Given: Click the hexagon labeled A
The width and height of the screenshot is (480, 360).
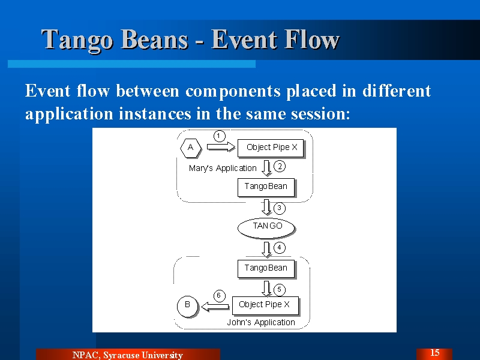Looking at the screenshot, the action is click(x=191, y=148).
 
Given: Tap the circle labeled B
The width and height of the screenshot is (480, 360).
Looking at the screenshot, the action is click(x=188, y=306).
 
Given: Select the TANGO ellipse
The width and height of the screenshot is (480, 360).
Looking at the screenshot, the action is click(x=266, y=228).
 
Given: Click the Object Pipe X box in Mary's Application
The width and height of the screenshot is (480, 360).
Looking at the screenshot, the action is click(x=271, y=148).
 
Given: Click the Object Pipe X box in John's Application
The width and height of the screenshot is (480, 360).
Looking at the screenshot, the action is click(x=265, y=305).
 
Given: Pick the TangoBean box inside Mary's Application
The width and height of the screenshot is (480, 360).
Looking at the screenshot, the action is click(x=266, y=187).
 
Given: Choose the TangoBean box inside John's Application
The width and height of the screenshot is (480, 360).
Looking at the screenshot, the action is click(x=266, y=269).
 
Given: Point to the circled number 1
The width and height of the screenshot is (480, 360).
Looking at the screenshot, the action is click(x=219, y=136).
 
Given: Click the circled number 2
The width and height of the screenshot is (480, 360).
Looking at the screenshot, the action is click(x=280, y=167).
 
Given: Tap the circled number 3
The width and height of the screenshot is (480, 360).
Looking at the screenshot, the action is click(x=280, y=208).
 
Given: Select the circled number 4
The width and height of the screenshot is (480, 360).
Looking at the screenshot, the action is click(x=280, y=248).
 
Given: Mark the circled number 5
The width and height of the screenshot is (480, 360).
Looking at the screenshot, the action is click(x=280, y=290).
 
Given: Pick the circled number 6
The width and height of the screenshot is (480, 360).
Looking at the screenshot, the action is click(x=219, y=296).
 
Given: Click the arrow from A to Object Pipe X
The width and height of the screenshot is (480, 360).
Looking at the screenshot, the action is click(x=221, y=147).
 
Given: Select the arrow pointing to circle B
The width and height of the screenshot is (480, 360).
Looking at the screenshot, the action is click(x=215, y=307).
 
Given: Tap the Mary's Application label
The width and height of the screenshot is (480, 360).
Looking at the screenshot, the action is click(x=223, y=169).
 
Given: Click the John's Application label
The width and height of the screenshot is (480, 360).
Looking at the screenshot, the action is click(x=261, y=322).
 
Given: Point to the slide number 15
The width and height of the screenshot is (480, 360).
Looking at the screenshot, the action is click(x=434, y=353).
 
